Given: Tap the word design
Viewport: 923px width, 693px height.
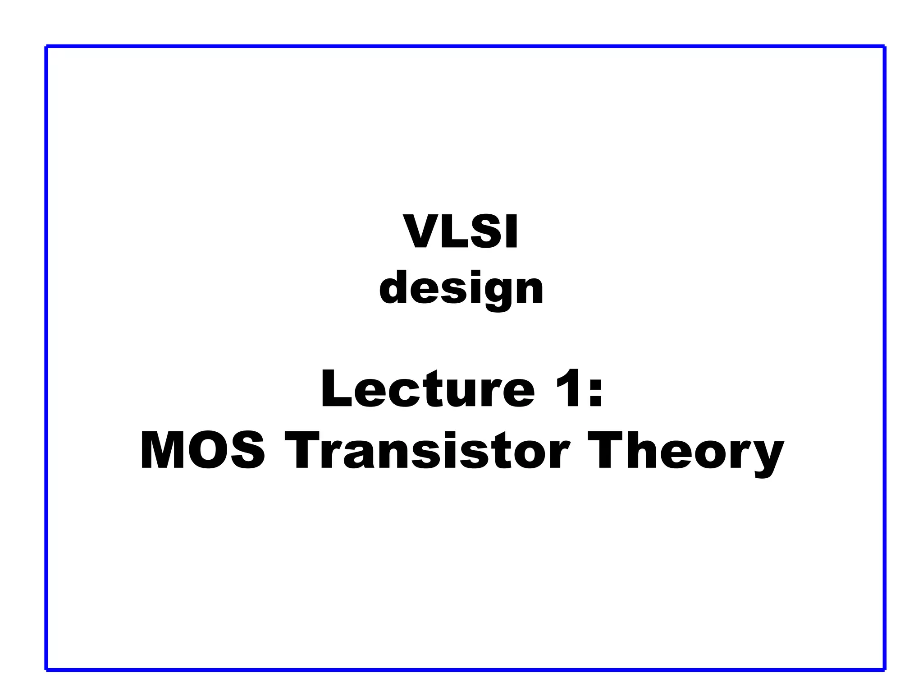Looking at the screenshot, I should point(461,289).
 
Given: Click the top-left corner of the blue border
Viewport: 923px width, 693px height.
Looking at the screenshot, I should point(47,46).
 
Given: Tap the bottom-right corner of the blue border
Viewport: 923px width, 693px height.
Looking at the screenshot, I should point(884,669).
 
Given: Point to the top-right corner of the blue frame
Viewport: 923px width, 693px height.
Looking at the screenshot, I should point(884,46).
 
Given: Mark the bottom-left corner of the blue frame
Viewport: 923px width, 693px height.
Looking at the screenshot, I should point(47,669).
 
